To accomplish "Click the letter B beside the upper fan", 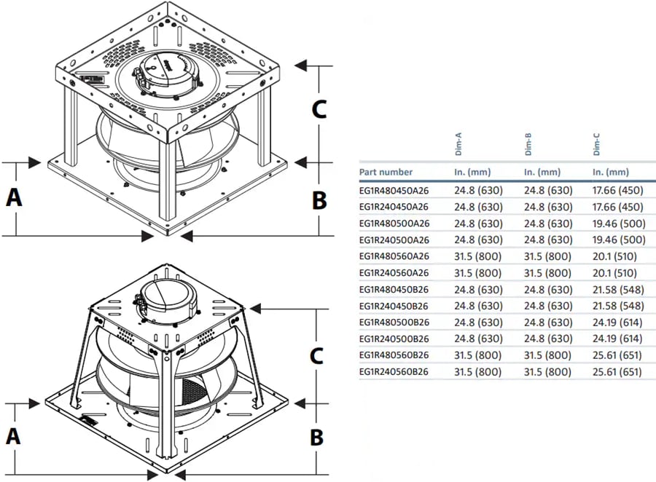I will [319, 199].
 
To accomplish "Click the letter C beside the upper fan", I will [319, 109].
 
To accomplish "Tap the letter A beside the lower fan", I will [13, 436].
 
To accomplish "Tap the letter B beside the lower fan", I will [316, 437].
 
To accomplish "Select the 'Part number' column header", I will [386, 173].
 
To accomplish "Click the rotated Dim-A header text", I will [458, 144].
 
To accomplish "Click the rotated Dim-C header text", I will [596, 144].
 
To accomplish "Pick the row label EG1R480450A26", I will [394, 190].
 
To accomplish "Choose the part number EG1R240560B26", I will [394, 371].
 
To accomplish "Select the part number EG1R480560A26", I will [394, 256].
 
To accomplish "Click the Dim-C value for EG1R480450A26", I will [620, 190].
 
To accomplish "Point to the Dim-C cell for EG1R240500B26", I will [620, 339].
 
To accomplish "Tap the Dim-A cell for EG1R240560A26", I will [478, 273].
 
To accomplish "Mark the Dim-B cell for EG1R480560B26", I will [548, 355].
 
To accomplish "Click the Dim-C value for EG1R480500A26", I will [620, 223].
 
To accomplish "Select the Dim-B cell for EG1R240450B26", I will [548, 306].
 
